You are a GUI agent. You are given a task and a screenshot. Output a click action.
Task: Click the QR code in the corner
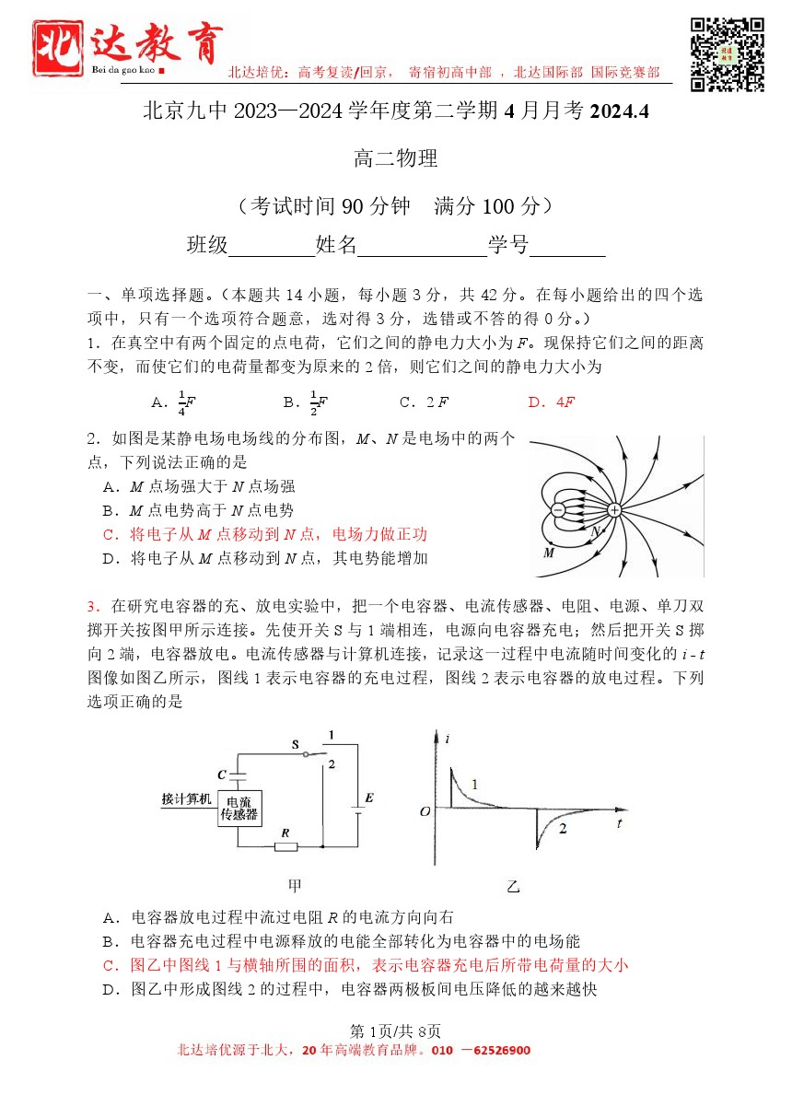pos(728,54)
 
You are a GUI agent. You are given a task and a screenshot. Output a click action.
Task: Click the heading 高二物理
pos(396,158)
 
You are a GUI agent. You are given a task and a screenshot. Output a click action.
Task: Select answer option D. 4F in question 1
pos(552,402)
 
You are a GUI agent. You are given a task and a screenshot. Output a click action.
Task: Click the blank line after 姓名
pos(423,247)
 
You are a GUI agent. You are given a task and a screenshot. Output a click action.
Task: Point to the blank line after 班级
pos(272,247)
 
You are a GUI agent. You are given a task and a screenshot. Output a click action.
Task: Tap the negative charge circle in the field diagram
pos(558,509)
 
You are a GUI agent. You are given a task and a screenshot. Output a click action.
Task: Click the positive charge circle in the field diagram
pos(614,509)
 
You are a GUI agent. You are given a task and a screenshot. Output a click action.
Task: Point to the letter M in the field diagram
pos(549,553)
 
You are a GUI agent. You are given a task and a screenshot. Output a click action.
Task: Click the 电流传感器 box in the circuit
pos(239,808)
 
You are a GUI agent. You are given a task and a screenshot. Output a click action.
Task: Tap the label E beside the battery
pos(369,798)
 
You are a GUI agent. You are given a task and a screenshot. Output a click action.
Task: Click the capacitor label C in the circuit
pos(221,774)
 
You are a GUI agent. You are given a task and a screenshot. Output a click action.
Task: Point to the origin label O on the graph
pos(425,811)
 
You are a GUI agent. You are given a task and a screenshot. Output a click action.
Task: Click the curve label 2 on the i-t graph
pos(563,829)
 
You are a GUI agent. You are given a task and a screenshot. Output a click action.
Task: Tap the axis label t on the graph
pos(623,821)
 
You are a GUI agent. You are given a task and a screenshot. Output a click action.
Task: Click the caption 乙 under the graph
pos(513,887)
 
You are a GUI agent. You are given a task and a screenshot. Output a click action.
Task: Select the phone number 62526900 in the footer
pos(504,1051)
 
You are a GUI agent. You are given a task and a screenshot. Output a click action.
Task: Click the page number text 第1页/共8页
pos(395,1031)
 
